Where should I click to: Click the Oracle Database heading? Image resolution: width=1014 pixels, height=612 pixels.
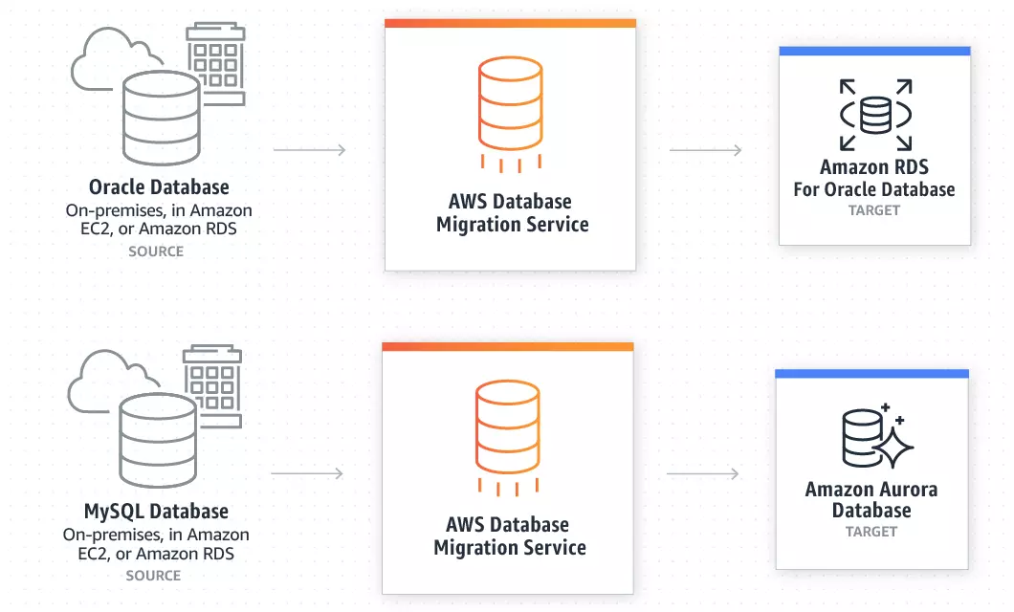tap(159, 187)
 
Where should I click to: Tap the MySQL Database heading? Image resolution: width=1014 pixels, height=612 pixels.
tap(157, 512)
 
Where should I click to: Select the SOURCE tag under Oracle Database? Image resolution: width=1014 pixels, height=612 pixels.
tap(156, 251)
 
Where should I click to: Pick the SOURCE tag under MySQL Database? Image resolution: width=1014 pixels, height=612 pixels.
tap(153, 576)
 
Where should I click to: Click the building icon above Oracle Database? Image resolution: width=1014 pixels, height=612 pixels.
tap(215, 62)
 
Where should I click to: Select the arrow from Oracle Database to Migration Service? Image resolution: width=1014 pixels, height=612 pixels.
tap(309, 150)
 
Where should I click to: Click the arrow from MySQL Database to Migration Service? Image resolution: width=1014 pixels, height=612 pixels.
tap(307, 473)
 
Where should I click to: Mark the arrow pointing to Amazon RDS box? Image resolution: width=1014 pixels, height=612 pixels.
tap(705, 150)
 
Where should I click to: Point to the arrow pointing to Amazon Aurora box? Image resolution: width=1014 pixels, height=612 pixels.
tap(703, 474)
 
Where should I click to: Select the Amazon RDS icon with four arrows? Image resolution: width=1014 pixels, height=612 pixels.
tap(874, 116)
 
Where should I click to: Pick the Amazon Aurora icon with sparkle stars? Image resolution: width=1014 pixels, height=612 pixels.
tap(875, 436)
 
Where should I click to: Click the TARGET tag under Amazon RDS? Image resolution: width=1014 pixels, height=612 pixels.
tap(874, 210)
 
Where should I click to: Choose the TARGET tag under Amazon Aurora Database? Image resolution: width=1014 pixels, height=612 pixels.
tap(871, 532)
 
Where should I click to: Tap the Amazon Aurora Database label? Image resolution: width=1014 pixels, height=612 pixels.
tap(871, 499)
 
